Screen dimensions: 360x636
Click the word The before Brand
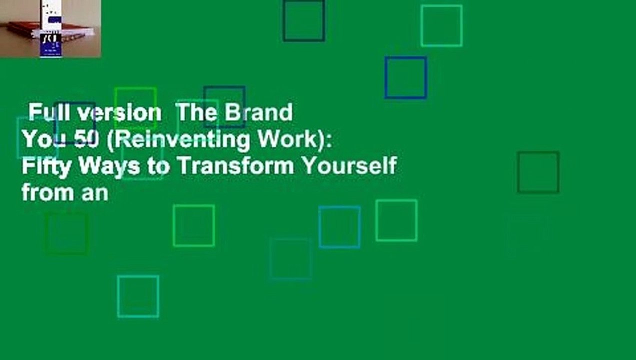197,113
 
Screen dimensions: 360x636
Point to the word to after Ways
158,166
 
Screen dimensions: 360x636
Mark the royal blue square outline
405,77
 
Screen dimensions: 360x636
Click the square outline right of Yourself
538,172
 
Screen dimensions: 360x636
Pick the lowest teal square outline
138,296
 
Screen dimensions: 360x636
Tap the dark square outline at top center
303,20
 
